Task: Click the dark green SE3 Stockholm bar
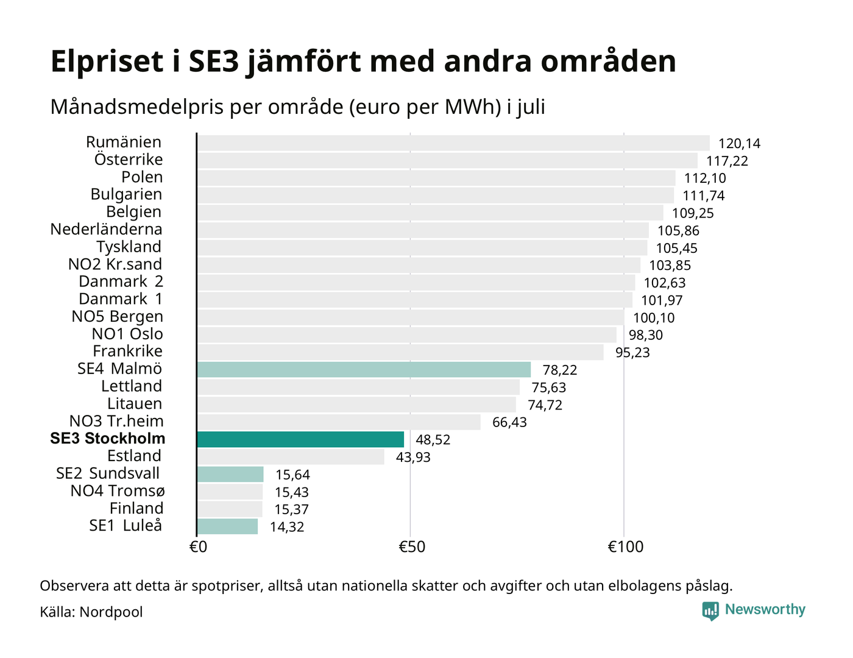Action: tap(300, 439)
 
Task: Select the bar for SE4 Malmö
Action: tap(364, 370)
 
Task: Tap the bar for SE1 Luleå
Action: tap(227, 526)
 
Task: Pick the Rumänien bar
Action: tap(453, 143)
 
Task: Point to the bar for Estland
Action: tap(291, 457)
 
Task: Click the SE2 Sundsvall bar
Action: tap(230, 475)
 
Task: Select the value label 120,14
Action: tap(739, 144)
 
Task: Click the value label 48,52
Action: tap(433, 440)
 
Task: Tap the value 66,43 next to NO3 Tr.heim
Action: tap(509, 423)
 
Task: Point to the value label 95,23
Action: tap(632, 353)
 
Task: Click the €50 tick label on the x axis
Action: tap(412, 547)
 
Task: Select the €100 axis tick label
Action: tap(625, 547)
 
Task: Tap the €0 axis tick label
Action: tap(198, 547)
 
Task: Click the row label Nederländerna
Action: tap(106, 229)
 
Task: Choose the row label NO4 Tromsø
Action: tap(118, 491)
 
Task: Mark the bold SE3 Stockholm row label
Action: tap(108, 439)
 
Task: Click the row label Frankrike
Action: tap(127, 351)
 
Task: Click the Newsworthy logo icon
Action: tap(710, 611)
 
